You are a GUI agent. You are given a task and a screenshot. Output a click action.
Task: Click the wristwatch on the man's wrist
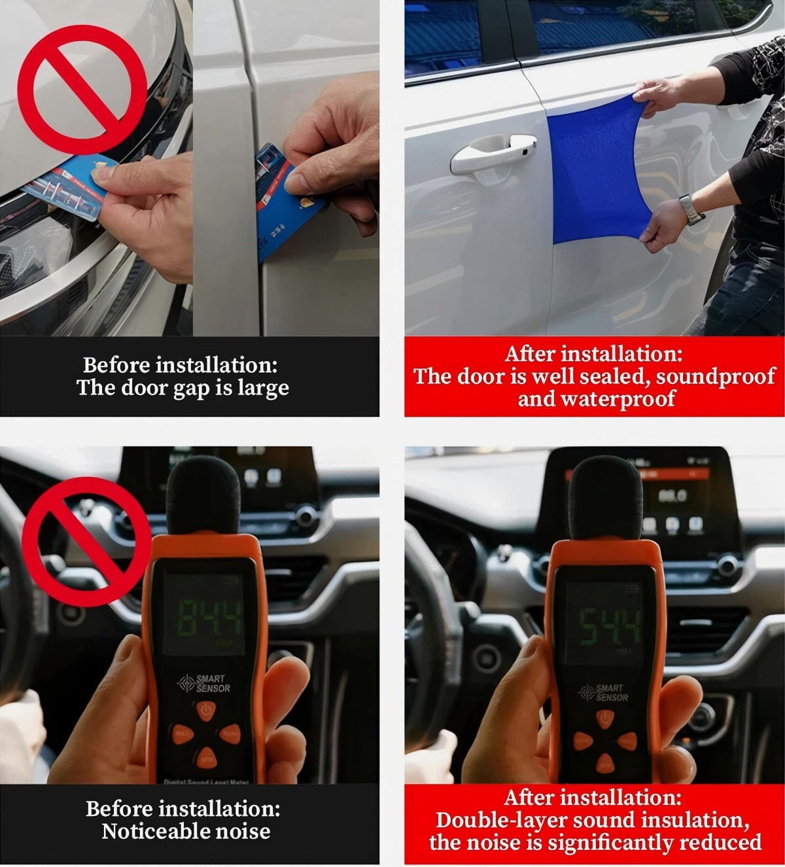click(691, 209)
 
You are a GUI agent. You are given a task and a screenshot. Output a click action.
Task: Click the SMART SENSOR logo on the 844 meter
click(205, 683)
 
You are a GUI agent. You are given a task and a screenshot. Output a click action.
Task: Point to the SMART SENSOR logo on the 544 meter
click(602, 692)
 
